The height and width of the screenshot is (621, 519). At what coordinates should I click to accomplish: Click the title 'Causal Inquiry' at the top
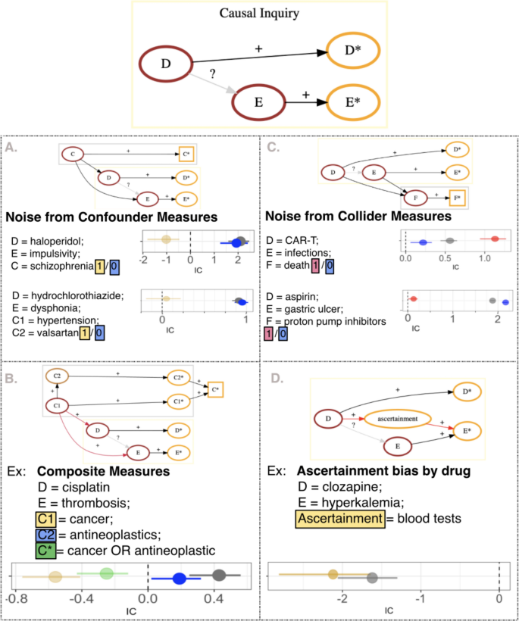[x=258, y=14]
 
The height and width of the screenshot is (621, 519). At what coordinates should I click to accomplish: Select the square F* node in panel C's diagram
[x=456, y=199]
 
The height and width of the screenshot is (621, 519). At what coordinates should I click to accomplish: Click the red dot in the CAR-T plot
[x=495, y=239]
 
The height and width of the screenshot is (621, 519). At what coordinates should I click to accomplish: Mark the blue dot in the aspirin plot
[x=506, y=302]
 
